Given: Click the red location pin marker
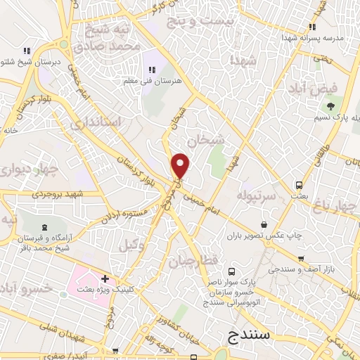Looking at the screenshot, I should [181, 166].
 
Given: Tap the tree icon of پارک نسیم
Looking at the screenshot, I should [330, 106].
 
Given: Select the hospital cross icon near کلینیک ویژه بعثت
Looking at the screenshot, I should [105, 280].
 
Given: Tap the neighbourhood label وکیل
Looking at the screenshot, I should [131, 245].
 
